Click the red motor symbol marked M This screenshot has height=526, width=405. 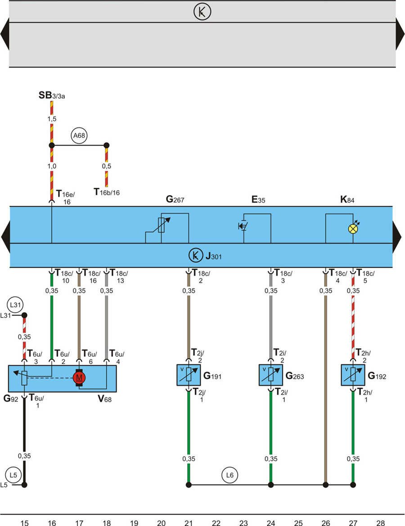pos(79,377)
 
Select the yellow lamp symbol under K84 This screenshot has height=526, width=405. pos(353,229)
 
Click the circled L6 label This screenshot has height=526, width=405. pos(230,475)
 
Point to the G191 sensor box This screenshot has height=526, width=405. pos(189,375)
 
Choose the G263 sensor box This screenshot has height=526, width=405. pos(271,375)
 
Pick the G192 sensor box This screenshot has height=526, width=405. pos(353,375)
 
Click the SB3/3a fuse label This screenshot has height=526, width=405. pos(52,95)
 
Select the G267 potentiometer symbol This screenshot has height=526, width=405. pos(162,224)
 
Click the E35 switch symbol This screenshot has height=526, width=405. pos(243,226)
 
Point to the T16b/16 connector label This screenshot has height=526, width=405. pos(107,192)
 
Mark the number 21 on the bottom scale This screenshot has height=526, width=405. pos(189,522)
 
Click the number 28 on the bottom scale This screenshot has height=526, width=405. pos(381,522)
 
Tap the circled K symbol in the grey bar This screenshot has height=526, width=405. pos(202,12)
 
